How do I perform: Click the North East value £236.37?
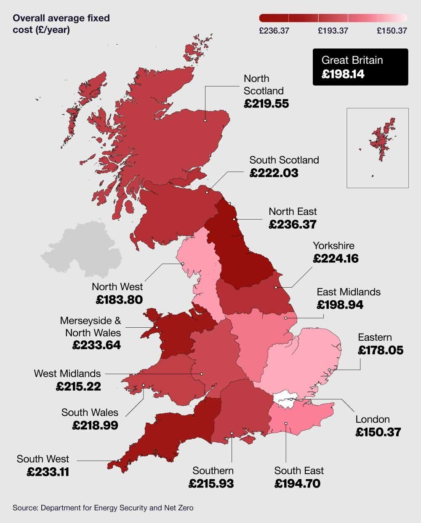point(292,224)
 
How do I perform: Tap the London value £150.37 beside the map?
point(378,432)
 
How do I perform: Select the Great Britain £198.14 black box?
point(360,67)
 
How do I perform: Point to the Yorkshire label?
point(333,245)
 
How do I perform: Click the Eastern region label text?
point(375,337)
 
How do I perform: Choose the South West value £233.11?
point(48,472)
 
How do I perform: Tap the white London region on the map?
point(285,400)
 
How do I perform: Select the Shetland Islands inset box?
point(378,148)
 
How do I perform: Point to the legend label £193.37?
point(333,31)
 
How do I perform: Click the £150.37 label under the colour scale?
point(392,31)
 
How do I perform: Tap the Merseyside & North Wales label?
point(91,327)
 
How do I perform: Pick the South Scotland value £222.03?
point(274,173)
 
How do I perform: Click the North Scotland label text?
point(264,84)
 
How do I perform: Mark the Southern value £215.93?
point(211,483)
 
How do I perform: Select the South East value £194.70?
point(297,483)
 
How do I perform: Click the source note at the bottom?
point(103,508)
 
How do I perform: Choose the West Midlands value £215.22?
point(78,386)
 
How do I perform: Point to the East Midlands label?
point(349,292)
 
